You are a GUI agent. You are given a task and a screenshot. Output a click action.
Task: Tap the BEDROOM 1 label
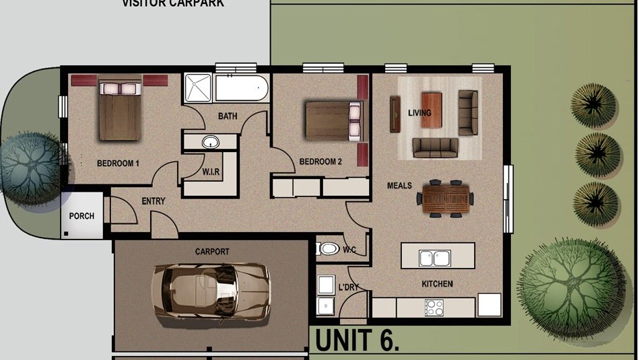tap(118, 163)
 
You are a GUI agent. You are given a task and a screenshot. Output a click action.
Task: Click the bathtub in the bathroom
tap(241, 88)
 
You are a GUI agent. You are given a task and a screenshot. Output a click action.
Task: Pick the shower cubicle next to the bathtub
tap(199, 88)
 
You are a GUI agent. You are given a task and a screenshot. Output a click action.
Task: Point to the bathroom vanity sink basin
tap(210, 142)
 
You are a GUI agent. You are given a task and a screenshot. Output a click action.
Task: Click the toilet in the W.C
tap(328, 249)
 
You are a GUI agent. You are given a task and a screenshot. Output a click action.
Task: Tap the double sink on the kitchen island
tap(435, 257)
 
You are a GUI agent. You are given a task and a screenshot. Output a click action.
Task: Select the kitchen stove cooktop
tap(434, 307)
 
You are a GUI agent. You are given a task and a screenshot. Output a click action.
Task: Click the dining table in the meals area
tap(444, 199)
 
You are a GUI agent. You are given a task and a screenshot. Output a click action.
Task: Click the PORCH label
tap(81, 216)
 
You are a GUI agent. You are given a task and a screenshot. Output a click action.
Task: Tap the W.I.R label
tap(211, 172)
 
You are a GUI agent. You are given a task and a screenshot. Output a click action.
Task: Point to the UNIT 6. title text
tap(357, 340)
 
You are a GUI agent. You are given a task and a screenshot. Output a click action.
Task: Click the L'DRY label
tap(349, 287)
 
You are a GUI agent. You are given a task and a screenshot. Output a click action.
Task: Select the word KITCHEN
tap(437, 284)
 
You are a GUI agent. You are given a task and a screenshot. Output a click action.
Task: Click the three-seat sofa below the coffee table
tap(435, 147)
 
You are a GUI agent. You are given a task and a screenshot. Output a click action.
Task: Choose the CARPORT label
tap(212, 252)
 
